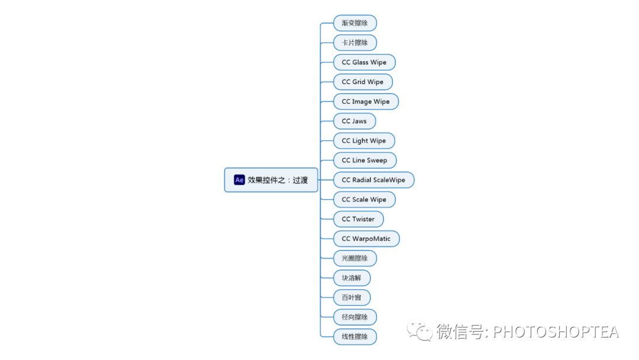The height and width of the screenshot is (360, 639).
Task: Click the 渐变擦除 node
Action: tap(354, 23)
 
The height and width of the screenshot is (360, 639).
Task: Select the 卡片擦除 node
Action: tap(354, 43)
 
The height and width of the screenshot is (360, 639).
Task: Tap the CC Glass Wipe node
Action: tap(364, 62)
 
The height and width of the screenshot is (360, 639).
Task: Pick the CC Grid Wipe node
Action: tap(363, 82)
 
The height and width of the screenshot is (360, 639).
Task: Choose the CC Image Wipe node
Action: tap(366, 101)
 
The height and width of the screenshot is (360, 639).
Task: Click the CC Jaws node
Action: tap(354, 121)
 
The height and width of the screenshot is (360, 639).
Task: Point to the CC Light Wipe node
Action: tap(364, 140)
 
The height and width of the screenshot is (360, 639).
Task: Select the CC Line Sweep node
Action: tap(364, 160)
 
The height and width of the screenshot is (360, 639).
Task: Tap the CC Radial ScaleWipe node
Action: tap(373, 179)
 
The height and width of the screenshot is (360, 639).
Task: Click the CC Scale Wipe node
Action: tap(364, 200)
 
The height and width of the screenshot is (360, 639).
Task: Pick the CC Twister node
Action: tap(358, 219)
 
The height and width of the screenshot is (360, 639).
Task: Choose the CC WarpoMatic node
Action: tap(366, 239)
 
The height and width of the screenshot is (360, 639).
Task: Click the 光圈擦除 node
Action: tap(354, 258)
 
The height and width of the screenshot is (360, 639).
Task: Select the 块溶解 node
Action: tap(351, 278)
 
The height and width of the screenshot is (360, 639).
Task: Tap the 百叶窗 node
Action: tap(351, 297)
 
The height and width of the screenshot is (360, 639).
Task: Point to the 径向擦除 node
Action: tap(354, 317)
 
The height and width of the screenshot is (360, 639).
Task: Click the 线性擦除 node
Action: tap(354, 336)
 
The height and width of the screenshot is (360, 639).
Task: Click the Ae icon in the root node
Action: tap(240, 180)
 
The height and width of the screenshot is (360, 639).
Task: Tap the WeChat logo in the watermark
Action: tap(419, 331)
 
